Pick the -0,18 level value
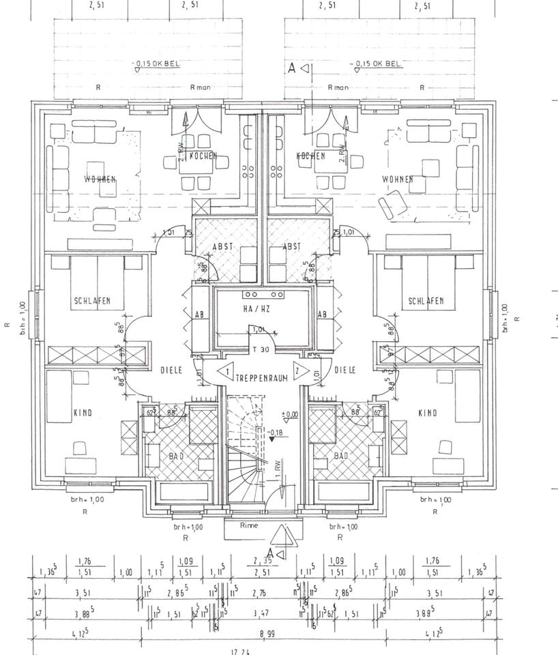pos(276,432)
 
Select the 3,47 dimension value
pos(260,614)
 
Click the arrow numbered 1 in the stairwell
pos(226,373)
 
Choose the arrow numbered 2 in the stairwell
pos(298,373)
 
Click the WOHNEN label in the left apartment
pos(100,179)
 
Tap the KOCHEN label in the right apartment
pos(311,156)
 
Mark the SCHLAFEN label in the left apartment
pos(92,301)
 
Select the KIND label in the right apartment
pos(427,413)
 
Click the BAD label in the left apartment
pos(175,455)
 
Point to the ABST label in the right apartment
pos(291,246)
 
